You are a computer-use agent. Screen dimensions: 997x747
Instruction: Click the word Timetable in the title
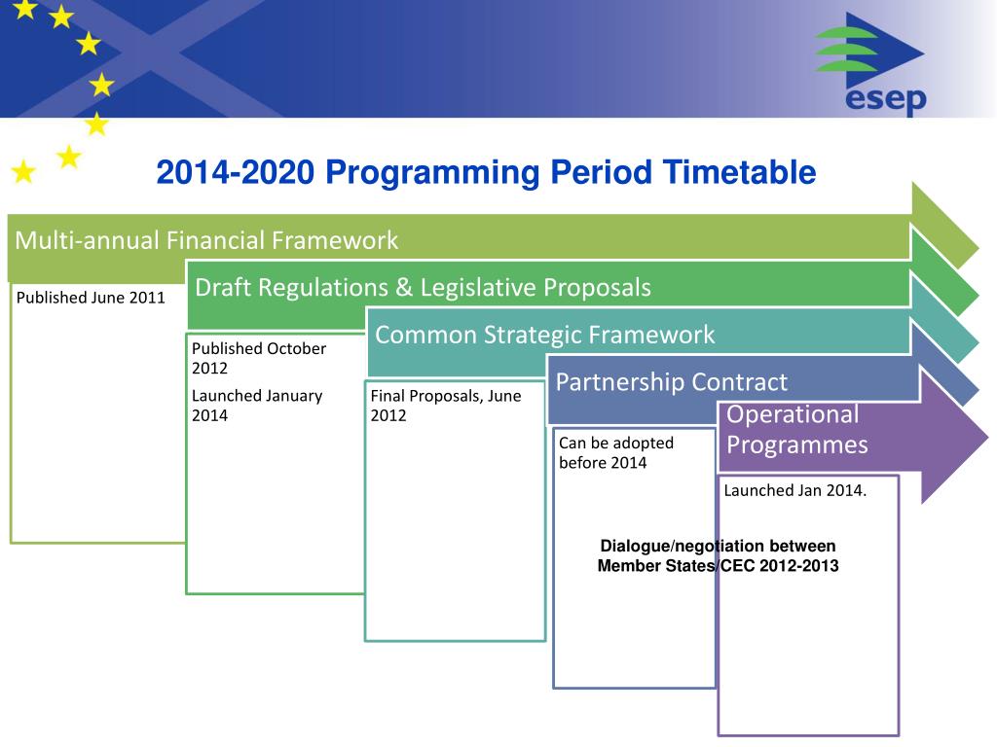point(740,172)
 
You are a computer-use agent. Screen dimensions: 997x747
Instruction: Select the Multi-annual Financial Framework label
point(206,240)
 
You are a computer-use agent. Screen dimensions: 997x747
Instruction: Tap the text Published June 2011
point(91,298)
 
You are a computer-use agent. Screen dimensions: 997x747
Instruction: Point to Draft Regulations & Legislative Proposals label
point(423,287)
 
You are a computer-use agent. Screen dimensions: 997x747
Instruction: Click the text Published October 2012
point(259,358)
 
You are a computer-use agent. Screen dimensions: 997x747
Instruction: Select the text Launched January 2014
point(257,406)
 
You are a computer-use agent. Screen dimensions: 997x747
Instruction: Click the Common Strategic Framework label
point(545,335)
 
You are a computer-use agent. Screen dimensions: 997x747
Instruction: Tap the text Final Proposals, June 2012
point(446,406)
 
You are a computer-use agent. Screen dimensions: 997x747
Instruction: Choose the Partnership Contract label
point(672,381)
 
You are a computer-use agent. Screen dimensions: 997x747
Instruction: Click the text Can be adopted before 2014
point(616,452)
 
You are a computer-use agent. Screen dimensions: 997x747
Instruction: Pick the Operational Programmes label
point(797,429)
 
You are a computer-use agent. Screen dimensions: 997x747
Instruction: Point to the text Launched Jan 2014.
point(794,490)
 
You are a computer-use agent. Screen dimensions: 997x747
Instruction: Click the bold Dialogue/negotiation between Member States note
point(718,555)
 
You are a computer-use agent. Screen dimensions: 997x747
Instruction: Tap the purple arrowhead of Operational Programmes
point(954,439)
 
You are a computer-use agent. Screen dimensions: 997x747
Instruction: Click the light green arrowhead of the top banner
point(944,226)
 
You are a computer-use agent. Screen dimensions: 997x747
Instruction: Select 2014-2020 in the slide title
point(236,172)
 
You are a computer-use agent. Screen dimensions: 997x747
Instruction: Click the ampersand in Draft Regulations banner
point(404,288)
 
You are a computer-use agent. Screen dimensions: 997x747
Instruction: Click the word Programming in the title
point(432,173)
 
